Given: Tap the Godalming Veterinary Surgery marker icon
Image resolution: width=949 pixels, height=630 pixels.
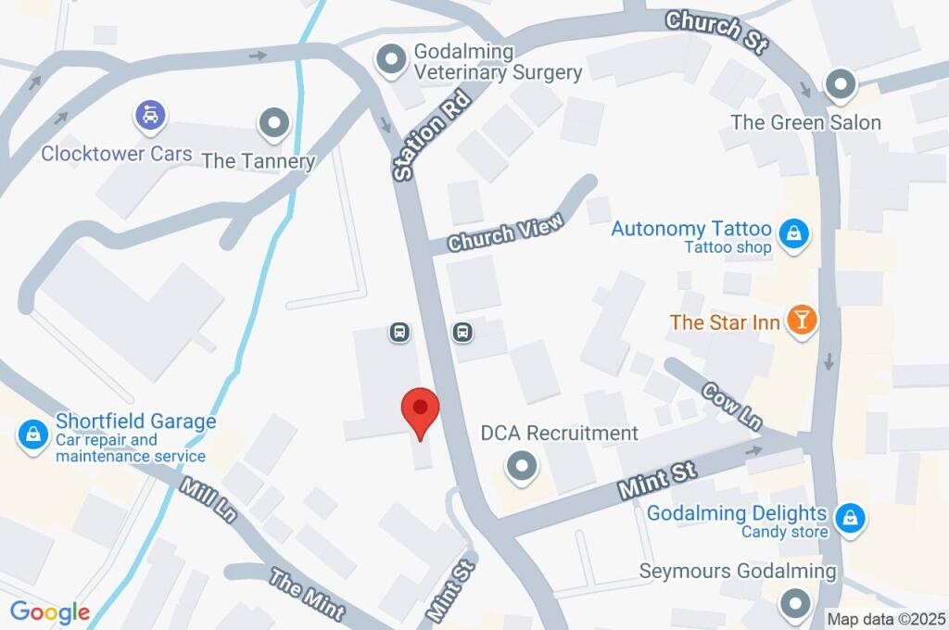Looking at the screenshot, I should tap(391, 60).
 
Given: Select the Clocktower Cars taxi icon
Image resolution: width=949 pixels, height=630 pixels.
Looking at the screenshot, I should tap(150, 116).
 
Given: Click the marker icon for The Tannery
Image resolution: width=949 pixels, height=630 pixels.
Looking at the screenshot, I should tap(273, 122).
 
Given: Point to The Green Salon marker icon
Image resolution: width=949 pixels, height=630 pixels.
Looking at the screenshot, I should tap(841, 85).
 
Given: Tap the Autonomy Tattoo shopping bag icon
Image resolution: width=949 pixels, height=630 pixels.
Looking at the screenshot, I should tap(794, 235).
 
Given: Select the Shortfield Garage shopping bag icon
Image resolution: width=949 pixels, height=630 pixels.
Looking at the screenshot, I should tap(33, 433).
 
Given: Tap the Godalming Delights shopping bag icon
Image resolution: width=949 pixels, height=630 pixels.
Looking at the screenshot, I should tap(849, 520).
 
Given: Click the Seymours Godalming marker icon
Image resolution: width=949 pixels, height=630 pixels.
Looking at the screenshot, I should tap(795, 605).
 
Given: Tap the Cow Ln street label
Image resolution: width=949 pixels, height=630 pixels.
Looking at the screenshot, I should tap(731, 406).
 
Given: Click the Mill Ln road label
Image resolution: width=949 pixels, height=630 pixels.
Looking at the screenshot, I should tap(209, 500).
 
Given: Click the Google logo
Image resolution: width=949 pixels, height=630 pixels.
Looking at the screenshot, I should tap(50, 612).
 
